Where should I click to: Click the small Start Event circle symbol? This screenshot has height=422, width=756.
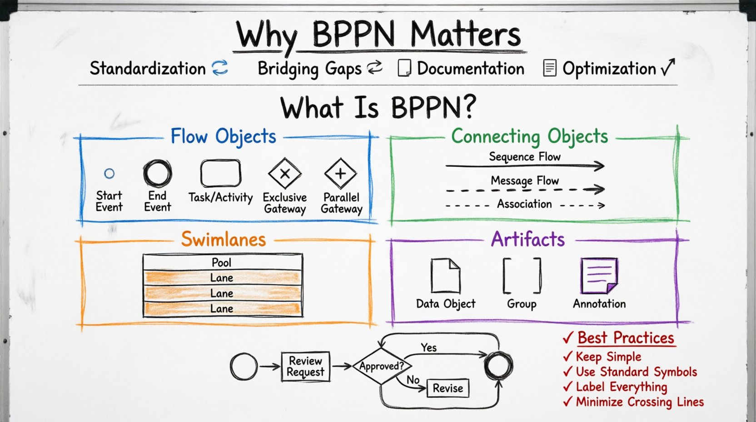tap(109, 173)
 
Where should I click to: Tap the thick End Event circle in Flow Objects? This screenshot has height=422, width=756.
tap(157, 173)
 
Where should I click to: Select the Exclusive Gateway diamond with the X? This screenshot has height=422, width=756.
tap(285, 173)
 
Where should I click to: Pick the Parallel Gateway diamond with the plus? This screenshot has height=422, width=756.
tap(340, 173)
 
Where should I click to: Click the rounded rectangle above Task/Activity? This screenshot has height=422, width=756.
tap(221, 173)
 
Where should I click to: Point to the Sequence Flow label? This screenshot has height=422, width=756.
tap(525, 157)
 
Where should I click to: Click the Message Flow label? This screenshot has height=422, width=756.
tap(525, 181)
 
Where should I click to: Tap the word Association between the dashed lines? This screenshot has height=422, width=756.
tap(524, 204)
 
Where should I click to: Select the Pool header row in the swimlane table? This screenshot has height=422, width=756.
tap(222, 262)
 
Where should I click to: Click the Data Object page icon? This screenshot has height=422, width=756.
tap(445, 276)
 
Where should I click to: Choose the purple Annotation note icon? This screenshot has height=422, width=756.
tap(599, 276)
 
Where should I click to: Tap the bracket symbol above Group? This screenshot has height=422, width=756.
tap(522, 276)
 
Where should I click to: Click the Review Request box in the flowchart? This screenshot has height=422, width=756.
tap(305, 367)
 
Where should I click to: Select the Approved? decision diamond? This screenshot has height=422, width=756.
tap(382, 366)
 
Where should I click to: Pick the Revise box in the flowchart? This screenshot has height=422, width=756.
tap(448, 388)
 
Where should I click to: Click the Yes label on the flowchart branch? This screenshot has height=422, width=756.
tap(428, 348)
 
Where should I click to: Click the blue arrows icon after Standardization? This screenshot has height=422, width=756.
tap(220, 68)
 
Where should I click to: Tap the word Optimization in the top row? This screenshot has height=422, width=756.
tap(609, 69)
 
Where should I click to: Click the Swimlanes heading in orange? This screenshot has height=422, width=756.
tap(223, 239)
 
